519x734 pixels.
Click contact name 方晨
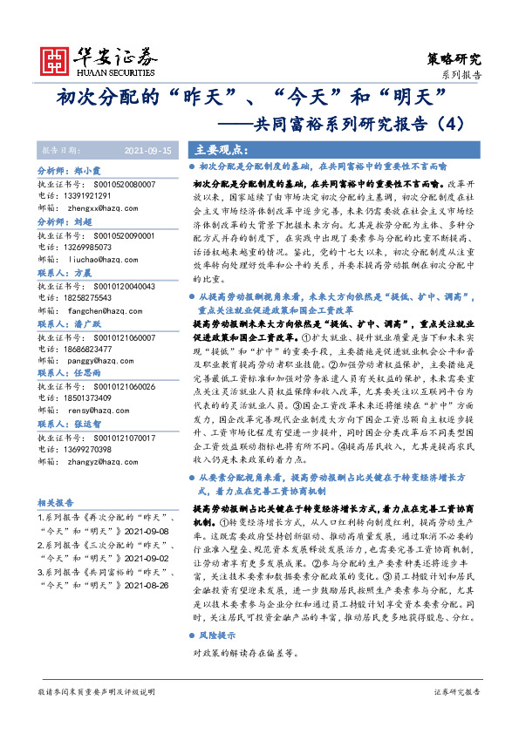coord(83,273)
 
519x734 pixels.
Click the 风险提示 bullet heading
coord(215,635)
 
